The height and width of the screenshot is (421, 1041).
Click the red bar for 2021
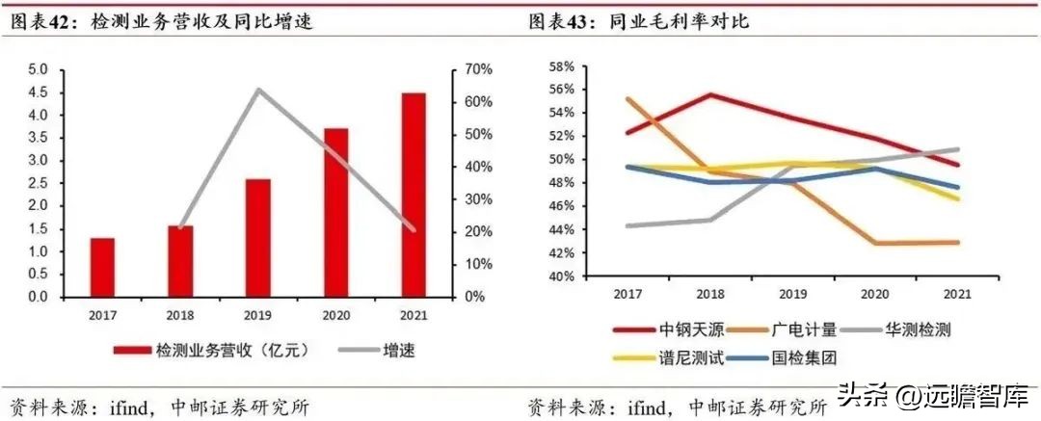pos(414,195)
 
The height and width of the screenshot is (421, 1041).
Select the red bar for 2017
pos(102,267)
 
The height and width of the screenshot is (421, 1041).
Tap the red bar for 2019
pos(258,238)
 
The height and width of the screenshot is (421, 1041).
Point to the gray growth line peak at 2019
pos(257,90)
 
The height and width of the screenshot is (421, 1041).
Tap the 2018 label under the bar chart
pos(180,314)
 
